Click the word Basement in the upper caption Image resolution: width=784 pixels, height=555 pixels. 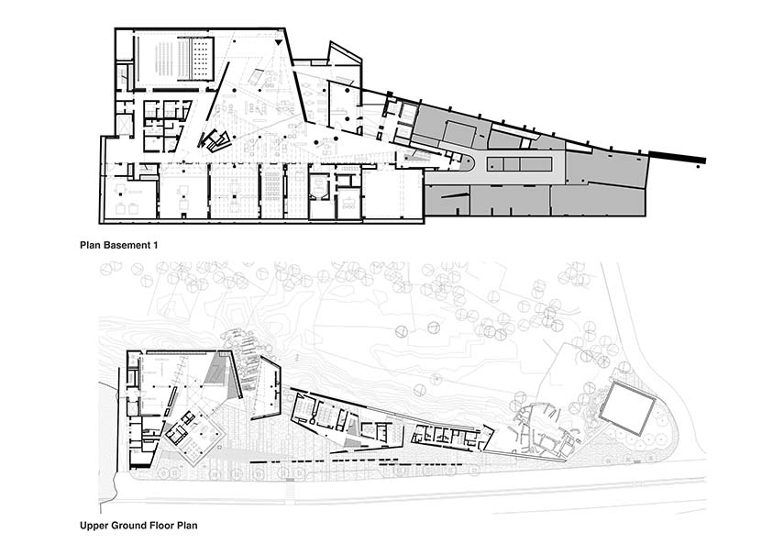pyautogui.click(x=127, y=246)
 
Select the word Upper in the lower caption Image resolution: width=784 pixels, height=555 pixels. pyautogui.click(x=93, y=526)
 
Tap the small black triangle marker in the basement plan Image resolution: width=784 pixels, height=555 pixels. pyautogui.click(x=279, y=43)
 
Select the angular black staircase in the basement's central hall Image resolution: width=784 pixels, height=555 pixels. pyautogui.click(x=215, y=139)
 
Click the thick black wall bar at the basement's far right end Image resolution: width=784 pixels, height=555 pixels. pyautogui.click(x=677, y=157)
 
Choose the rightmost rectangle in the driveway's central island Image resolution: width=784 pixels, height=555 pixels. pyautogui.click(x=536, y=163)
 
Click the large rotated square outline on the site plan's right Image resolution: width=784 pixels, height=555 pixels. pyautogui.click(x=627, y=408)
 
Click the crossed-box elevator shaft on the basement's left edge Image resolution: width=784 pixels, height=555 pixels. pyautogui.click(x=124, y=125)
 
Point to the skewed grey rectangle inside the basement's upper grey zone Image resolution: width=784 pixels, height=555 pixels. pyautogui.click(x=459, y=134)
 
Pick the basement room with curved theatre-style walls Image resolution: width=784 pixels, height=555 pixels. pyautogui.click(x=318, y=187)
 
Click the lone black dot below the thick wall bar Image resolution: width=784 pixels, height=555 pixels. pyautogui.click(x=699, y=166)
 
